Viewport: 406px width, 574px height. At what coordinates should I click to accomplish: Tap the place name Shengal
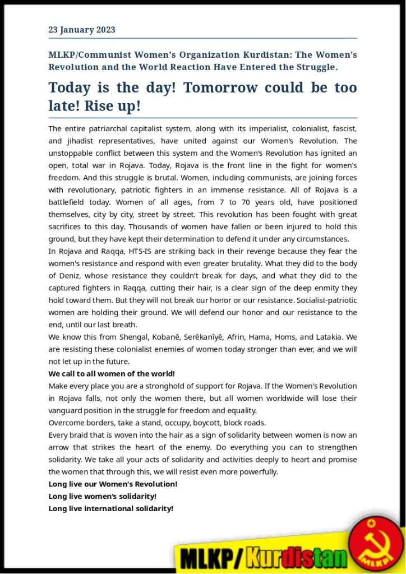132,337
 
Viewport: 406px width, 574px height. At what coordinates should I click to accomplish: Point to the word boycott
208,423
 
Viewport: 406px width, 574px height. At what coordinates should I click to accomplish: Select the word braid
79,435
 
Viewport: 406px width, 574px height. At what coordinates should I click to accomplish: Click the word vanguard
67,410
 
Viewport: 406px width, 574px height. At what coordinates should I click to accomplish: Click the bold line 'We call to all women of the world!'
112,374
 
